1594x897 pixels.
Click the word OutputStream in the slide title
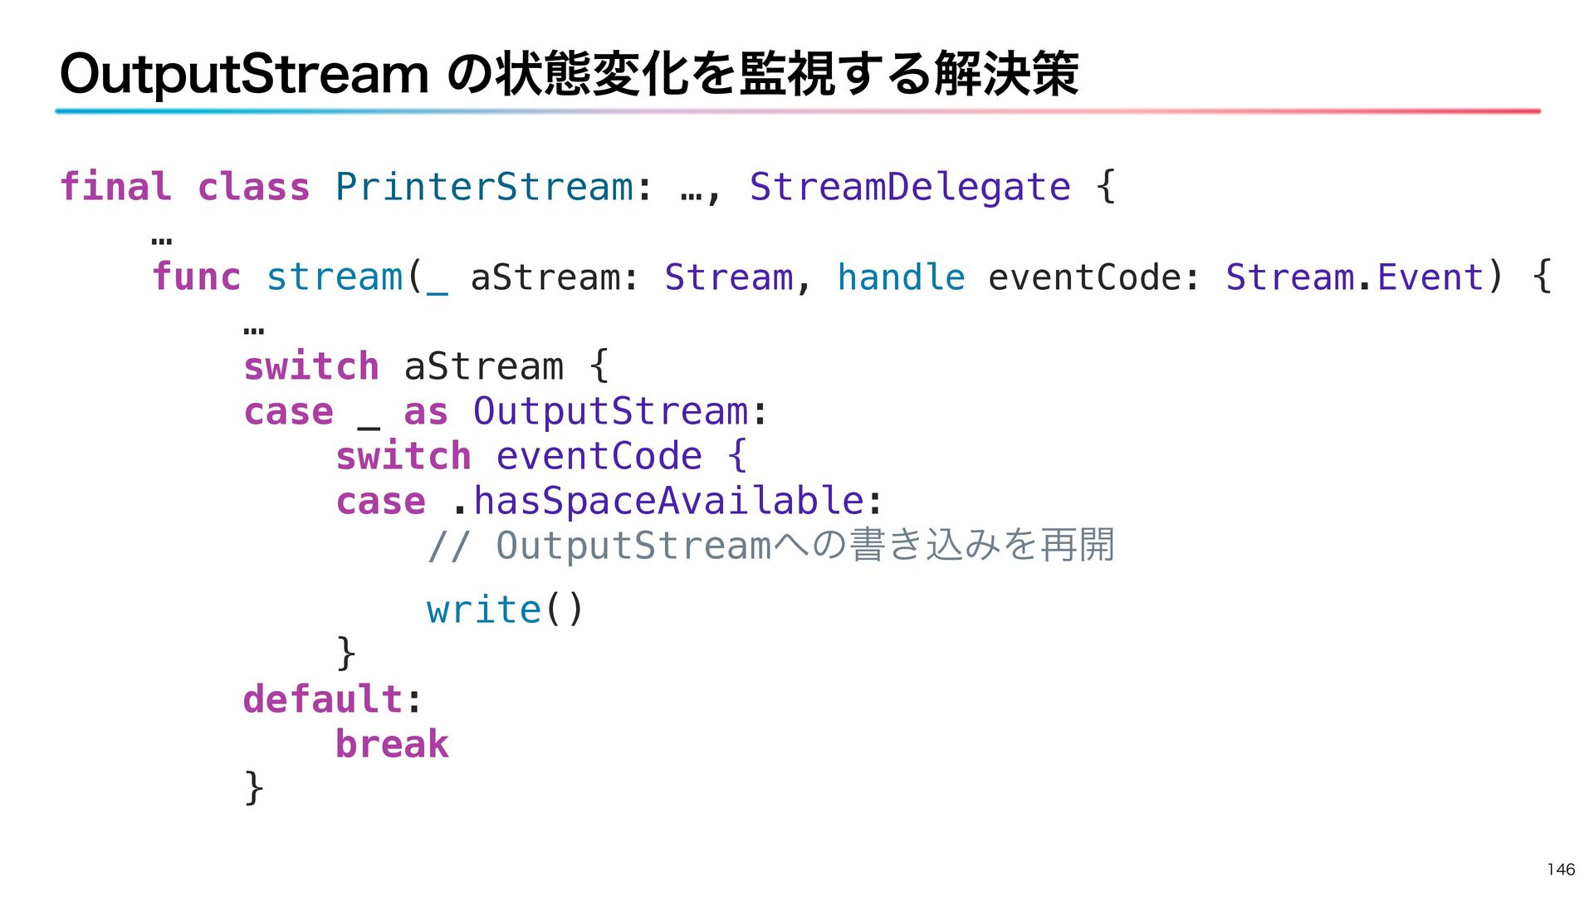[x=244, y=75]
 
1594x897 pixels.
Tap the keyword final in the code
[x=115, y=187]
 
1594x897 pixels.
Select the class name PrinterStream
[x=484, y=187]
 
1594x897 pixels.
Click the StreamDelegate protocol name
[x=910, y=187]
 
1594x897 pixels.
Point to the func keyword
[x=196, y=277]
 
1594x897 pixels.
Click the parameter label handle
[x=901, y=277]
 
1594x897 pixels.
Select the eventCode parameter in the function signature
[x=1086, y=277]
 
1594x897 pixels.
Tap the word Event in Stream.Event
[x=1430, y=277]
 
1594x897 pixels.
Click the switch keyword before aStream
[x=311, y=366]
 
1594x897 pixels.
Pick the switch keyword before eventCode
[x=403, y=456]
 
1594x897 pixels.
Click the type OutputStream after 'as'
[x=611, y=411]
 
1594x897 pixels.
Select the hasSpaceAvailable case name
[x=669, y=501]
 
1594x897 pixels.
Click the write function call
[x=483, y=610]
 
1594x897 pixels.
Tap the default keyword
[x=323, y=699]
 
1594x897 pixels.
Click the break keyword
[x=392, y=744]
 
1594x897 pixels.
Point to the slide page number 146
[x=1561, y=870]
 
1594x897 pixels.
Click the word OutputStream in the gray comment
[x=634, y=546]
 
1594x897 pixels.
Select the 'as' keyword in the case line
[x=426, y=411]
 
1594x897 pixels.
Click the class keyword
[x=253, y=187]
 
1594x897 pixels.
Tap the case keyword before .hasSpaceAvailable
[x=381, y=501]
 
